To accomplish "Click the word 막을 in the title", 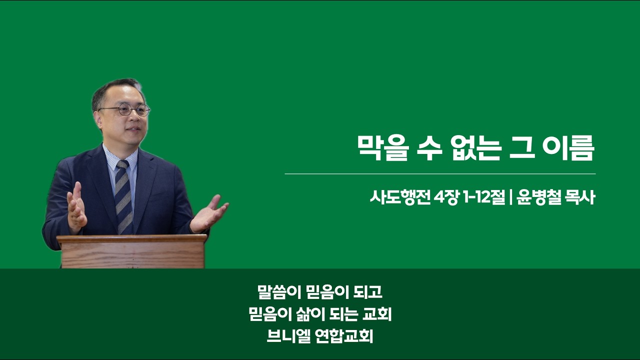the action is [x=383, y=148].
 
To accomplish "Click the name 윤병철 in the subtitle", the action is [x=537, y=197].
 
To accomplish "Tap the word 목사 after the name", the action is [x=580, y=197].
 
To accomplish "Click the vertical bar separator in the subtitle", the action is [x=510, y=197].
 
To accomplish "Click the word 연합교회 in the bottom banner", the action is [x=345, y=336].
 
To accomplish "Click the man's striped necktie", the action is [x=123, y=197].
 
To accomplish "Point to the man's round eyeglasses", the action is [x=124, y=109].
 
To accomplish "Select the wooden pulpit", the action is [x=132, y=251].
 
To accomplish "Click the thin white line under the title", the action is [x=440, y=173].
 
